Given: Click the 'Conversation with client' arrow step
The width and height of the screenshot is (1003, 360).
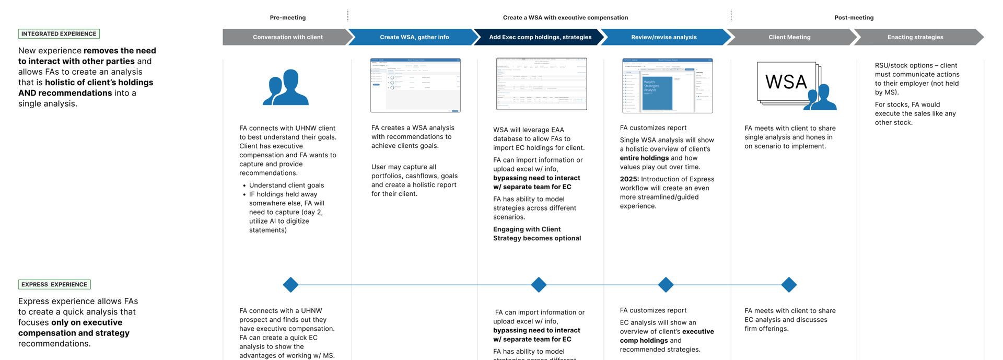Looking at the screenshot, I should (x=287, y=37).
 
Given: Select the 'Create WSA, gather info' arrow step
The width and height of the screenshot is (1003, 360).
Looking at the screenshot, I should (x=414, y=37).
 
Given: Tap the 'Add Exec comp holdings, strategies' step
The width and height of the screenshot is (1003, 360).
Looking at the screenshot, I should (x=540, y=37).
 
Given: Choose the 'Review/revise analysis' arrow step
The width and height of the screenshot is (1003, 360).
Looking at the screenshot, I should (x=663, y=37).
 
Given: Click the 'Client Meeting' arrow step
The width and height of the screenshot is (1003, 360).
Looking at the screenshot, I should (x=789, y=37).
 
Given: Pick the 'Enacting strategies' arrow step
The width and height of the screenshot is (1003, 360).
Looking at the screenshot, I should (x=915, y=37).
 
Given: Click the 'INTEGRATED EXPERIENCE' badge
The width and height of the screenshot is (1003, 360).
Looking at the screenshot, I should (x=59, y=34).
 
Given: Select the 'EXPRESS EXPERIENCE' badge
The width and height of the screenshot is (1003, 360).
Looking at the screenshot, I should (x=54, y=285).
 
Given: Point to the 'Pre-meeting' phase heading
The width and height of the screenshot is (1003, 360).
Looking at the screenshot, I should (x=288, y=18).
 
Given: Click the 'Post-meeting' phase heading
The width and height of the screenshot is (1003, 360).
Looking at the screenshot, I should (x=854, y=18).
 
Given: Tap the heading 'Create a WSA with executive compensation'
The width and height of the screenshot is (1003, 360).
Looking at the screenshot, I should (x=565, y=18).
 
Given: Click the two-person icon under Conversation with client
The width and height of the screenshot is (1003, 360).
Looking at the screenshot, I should (x=286, y=88).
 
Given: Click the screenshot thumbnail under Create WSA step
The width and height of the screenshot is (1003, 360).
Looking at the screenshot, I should (x=415, y=85).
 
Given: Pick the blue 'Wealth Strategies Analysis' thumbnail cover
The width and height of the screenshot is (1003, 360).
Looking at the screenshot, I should (x=657, y=92).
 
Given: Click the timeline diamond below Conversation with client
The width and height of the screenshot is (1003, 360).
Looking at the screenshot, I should (x=290, y=285).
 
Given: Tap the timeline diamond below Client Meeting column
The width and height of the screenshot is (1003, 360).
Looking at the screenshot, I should (x=789, y=285).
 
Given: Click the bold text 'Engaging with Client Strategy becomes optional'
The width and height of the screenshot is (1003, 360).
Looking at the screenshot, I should (x=537, y=234).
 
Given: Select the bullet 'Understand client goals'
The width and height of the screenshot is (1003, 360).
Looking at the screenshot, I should (x=286, y=185).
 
